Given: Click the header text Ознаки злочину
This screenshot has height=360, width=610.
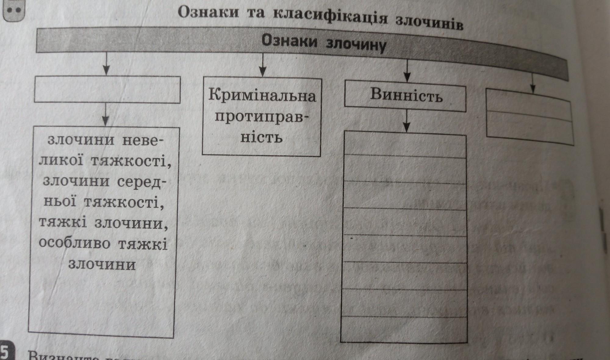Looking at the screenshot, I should pos(324,44).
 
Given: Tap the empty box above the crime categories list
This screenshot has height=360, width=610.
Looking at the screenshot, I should pos(107,89).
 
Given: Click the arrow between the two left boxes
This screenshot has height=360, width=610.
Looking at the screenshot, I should pos(106,114).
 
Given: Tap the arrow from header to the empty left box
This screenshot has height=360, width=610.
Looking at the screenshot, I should pos(106,64).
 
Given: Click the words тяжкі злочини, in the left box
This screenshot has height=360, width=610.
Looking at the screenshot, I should pos(104,224).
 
